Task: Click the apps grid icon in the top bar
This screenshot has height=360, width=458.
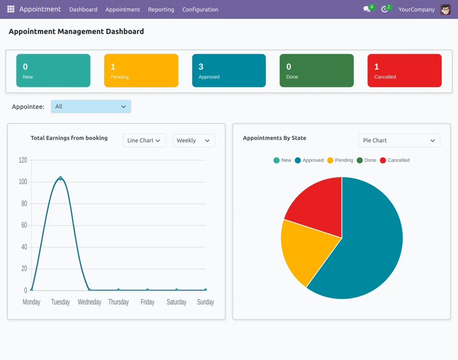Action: pos(11,9)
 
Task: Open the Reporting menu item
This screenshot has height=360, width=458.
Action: pos(161,10)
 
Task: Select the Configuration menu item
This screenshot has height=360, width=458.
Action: pos(200,10)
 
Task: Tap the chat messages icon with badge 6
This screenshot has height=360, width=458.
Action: pos(367,9)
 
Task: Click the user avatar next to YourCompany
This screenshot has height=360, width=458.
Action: pos(445,10)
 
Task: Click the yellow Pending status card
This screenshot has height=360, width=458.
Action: pos(141,71)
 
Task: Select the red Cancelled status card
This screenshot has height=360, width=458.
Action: pos(404,71)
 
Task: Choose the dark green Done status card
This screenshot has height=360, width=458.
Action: pos(316,71)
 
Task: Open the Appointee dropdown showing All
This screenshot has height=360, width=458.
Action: pos(91,107)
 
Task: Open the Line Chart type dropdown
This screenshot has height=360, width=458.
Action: pos(144,140)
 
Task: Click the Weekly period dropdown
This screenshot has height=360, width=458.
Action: pos(194,140)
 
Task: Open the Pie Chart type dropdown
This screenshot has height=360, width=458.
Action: pos(399,140)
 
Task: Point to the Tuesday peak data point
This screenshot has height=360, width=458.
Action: pos(60,178)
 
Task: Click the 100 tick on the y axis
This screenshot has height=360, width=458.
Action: pos(23,182)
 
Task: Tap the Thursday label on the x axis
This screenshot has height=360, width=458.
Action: pos(118,302)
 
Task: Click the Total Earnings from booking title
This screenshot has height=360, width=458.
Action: pos(69,138)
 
